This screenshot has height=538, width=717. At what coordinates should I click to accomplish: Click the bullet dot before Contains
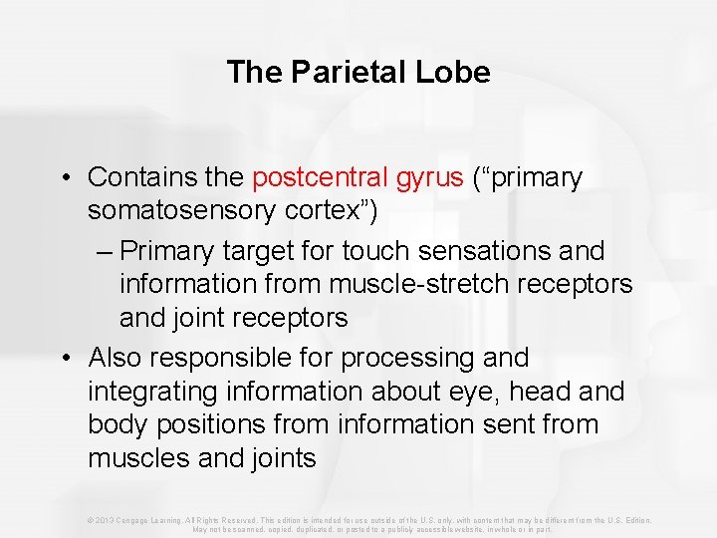coord(63,178)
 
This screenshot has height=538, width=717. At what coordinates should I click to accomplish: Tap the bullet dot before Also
coord(63,358)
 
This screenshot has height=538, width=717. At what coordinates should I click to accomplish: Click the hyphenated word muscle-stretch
coord(410,284)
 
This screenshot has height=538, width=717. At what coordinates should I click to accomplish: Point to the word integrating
coord(149,391)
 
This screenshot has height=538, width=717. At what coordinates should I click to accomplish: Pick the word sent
coord(502,424)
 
